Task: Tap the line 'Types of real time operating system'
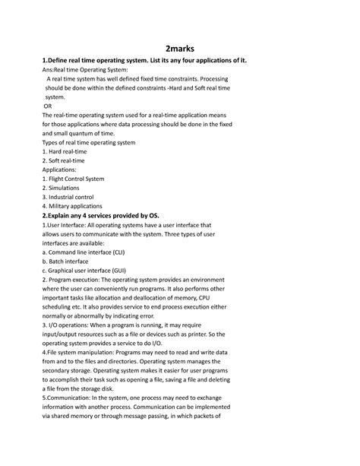point(88,142)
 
